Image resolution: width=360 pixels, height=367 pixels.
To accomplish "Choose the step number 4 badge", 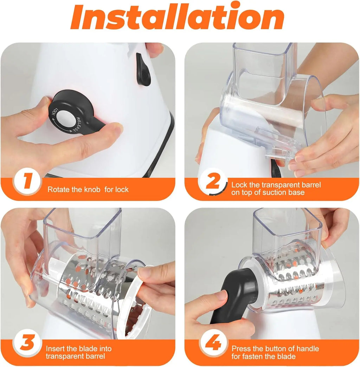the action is click(213, 343).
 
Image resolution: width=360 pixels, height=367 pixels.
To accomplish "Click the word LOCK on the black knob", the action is click(54, 112).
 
